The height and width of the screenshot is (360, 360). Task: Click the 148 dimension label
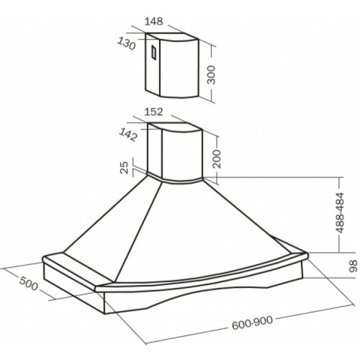coord(154,22)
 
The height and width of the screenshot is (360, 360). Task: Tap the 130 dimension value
coord(126,43)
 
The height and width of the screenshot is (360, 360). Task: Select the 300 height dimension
coord(211,75)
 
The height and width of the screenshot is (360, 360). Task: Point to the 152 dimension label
coord(154,112)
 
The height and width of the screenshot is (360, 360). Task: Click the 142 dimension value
coord(128,134)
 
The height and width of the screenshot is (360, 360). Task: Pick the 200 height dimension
coord(216,159)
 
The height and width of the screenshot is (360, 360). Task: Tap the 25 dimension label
coord(124,167)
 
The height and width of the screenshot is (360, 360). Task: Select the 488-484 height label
coord(340,212)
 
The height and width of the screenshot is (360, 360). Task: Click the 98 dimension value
coord(353,266)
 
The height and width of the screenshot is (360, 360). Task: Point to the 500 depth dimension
coord(28,283)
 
